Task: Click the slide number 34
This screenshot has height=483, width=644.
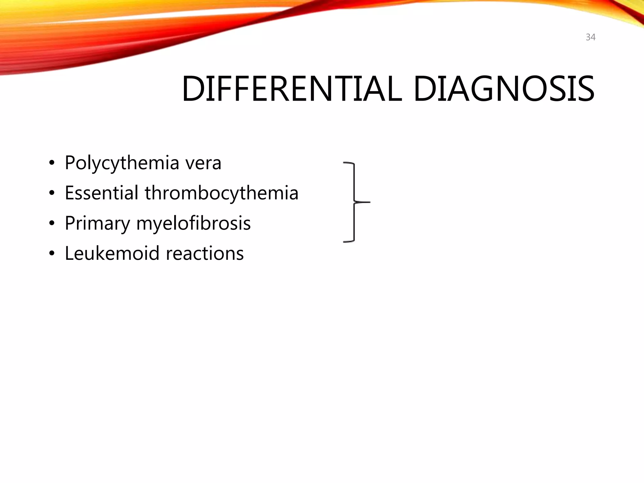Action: [x=591, y=37]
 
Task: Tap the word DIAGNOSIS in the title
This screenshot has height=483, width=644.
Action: [x=504, y=89]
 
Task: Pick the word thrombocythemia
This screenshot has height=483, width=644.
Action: [x=221, y=193]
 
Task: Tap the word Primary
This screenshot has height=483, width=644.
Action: [x=97, y=224]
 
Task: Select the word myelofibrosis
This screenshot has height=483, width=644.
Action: [x=193, y=224]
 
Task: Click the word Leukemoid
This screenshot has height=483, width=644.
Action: [x=112, y=253]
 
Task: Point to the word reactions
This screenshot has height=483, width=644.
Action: [x=205, y=253]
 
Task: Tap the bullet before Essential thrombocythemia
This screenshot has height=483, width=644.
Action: [x=52, y=193]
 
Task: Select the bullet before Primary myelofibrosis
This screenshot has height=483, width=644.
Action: [x=52, y=224]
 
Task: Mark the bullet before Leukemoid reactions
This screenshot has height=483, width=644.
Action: [x=52, y=253]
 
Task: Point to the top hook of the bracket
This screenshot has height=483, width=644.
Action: [x=348, y=163]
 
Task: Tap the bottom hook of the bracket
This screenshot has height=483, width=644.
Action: [x=348, y=241]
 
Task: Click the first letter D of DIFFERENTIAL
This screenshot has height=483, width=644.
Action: [x=192, y=89]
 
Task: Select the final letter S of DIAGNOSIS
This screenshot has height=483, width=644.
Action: [x=585, y=89]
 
